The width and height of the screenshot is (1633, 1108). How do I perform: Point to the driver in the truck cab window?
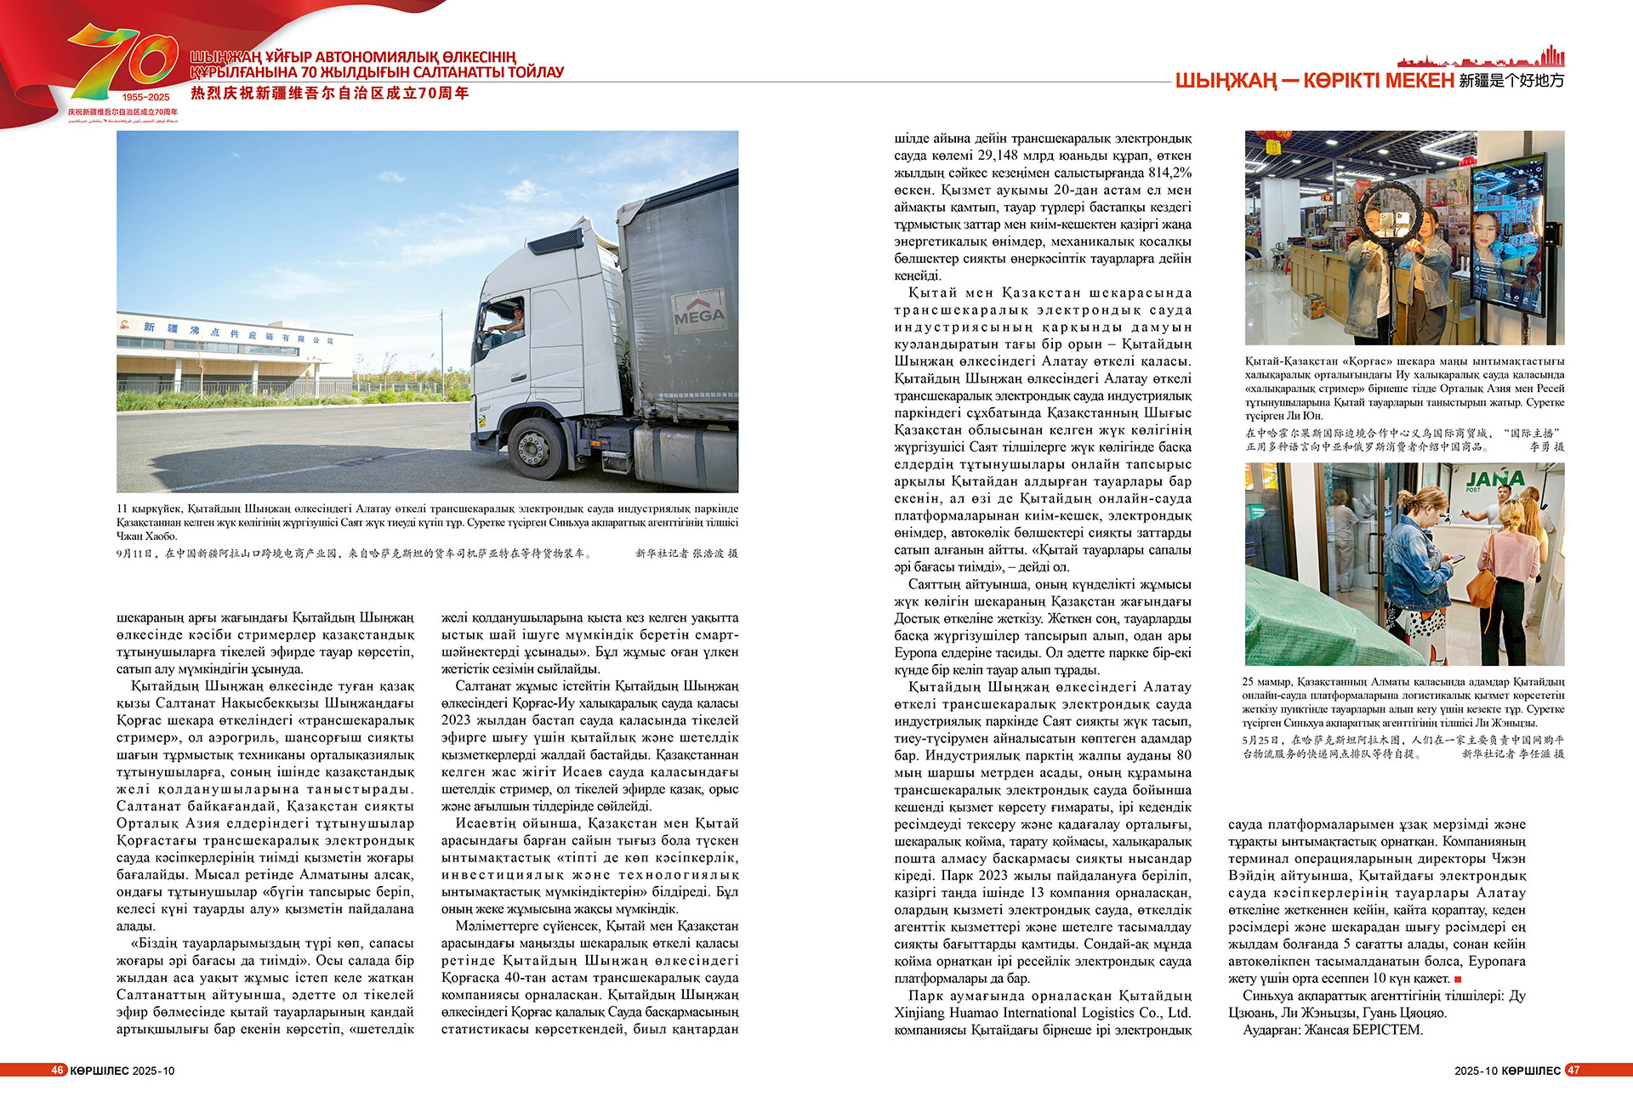(512, 321)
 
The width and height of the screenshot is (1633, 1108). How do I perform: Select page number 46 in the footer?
(58, 1070)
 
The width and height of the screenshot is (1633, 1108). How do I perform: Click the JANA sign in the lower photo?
(1494, 480)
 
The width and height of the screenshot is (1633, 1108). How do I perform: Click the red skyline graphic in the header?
(1480, 59)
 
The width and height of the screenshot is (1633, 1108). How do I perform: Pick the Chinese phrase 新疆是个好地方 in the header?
(1511, 81)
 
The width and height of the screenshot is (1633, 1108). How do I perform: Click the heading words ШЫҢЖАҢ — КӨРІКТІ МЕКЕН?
(1314, 81)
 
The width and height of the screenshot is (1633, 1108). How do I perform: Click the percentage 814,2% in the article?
(1169, 173)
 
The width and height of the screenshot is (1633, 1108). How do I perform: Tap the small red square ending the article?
(1458, 979)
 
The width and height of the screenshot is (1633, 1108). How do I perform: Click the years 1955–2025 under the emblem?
(145, 97)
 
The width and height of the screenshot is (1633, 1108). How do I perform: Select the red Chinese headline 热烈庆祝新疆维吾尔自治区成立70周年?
(330, 94)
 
